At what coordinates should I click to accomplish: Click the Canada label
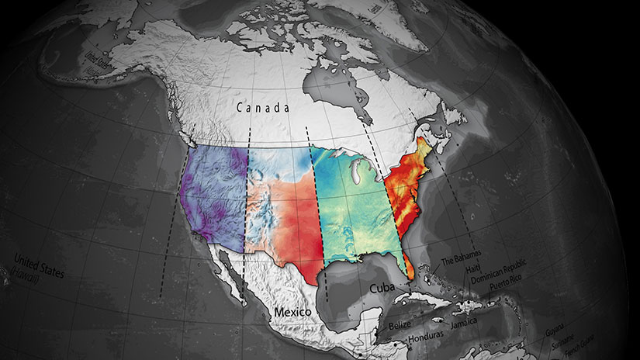coord(263,109)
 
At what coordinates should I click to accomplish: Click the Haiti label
coord(476,269)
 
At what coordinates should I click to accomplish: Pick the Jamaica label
coord(458,321)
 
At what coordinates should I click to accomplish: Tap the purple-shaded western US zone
coord(213,194)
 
